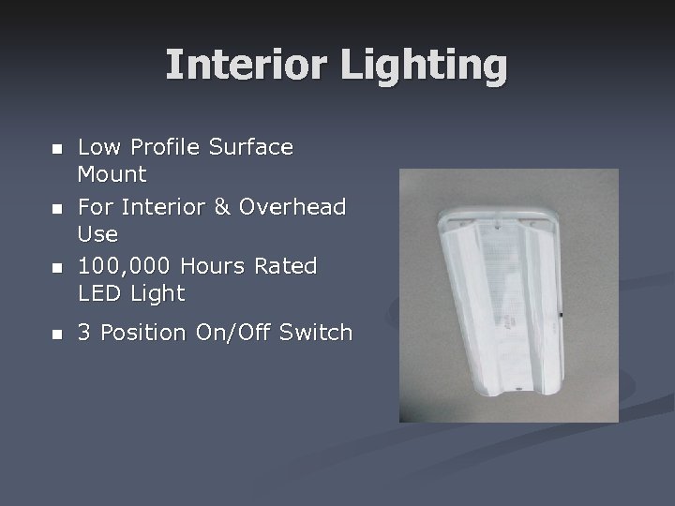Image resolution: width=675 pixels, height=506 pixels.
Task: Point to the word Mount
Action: point(112,174)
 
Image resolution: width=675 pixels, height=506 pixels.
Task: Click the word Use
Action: point(97,233)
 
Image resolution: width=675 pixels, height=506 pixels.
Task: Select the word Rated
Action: point(291,266)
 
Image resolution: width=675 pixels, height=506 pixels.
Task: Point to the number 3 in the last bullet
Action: point(84,333)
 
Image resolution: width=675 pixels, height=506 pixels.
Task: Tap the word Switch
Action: point(319,333)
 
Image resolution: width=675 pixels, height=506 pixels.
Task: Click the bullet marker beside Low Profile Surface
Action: point(56,149)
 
